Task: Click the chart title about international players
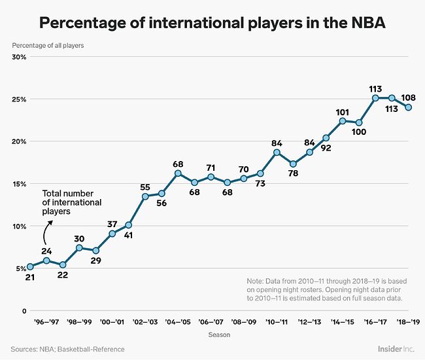(212, 22)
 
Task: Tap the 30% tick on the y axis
(18, 57)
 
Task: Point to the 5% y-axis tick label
(21, 268)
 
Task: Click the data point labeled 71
(211, 177)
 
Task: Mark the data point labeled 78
(293, 164)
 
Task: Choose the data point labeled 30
(78, 247)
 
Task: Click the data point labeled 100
(359, 122)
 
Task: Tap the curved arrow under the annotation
(46, 234)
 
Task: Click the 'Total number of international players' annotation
(72, 203)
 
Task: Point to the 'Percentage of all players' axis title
(48, 45)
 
